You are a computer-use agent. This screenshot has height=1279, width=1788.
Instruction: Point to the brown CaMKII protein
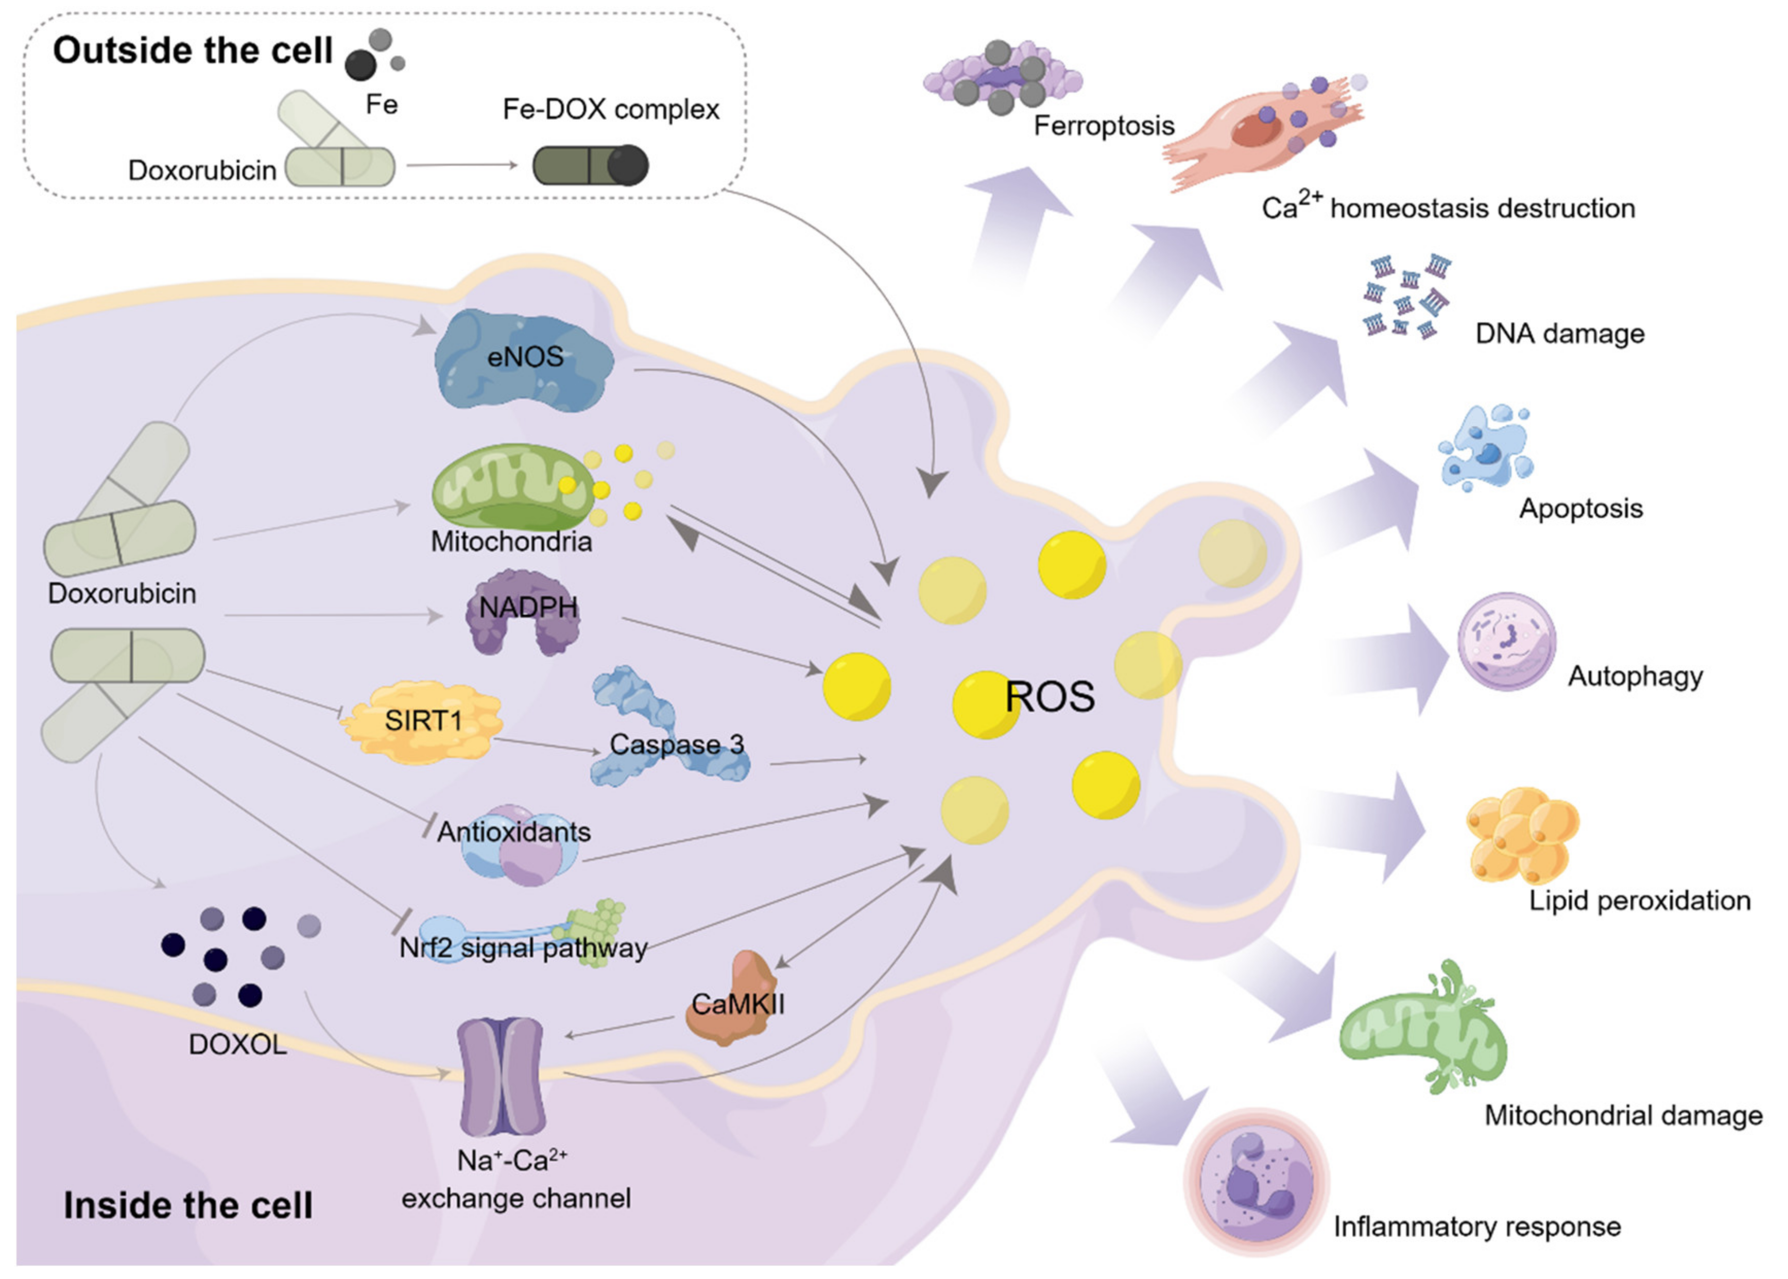tap(732, 1000)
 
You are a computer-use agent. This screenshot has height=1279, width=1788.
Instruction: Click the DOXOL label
tap(237, 1044)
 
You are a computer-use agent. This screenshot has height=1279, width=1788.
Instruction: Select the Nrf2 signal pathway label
tap(523, 947)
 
